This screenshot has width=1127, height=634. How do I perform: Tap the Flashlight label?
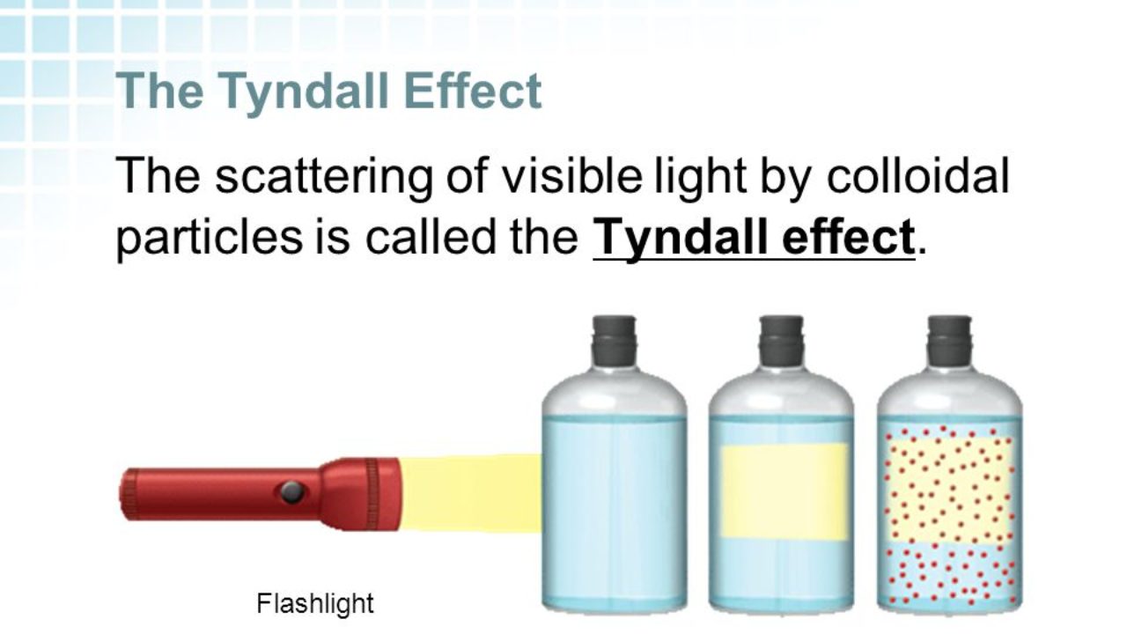click(315, 603)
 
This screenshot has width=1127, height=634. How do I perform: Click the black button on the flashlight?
click(292, 491)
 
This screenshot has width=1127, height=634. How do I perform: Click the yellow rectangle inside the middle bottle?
click(784, 491)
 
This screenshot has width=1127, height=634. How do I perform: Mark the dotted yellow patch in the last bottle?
click(950, 489)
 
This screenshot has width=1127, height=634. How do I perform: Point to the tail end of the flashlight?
click(130, 494)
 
